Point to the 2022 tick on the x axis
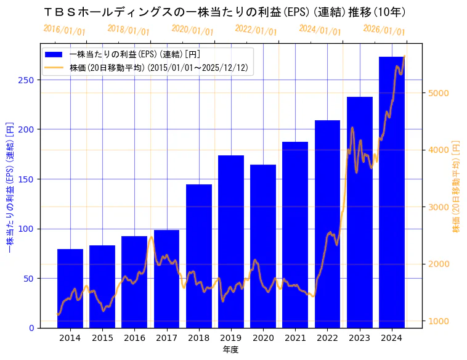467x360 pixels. coord(327,338)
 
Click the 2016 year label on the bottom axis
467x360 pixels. coord(134,338)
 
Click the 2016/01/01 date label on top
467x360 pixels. coord(65,30)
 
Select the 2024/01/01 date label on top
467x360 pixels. coord(320,30)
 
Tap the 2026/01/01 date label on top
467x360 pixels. coord(384,30)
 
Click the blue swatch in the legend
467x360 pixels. coord(54,55)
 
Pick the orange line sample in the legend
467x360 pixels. coord(54,68)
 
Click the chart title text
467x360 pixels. coord(225,12)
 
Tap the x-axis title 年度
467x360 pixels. coord(230,350)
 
